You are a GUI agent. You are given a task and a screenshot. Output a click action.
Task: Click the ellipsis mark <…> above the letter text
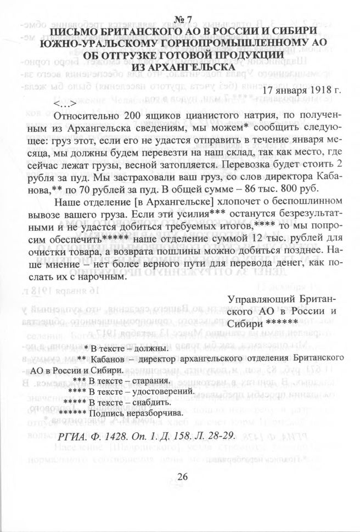(65, 103)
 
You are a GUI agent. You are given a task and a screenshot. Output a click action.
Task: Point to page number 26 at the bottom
(182, 476)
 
